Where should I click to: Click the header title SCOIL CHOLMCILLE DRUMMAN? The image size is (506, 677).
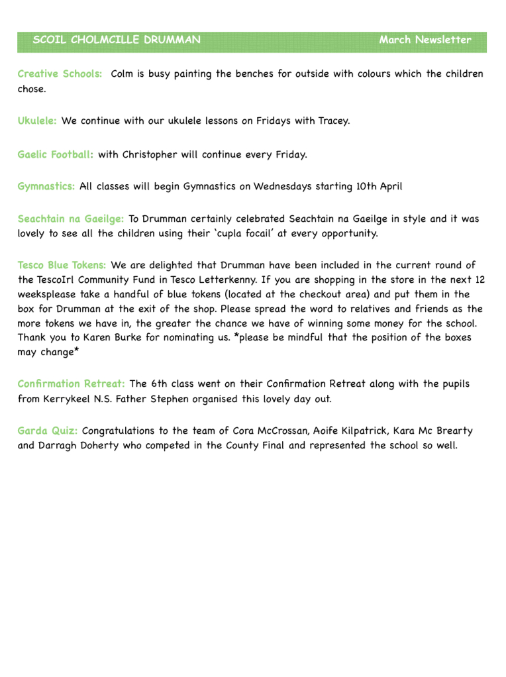tap(117, 40)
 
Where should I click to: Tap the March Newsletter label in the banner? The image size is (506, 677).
tap(425, 40)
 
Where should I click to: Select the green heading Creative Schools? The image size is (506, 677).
tap(60, 74)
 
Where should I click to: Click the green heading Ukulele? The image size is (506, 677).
tap(37, 121)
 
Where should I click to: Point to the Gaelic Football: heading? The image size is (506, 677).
tap(55, 155)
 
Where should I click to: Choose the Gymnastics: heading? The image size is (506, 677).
tap(46, 187)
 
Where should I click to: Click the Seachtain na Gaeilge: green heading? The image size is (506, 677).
tap(71, 219)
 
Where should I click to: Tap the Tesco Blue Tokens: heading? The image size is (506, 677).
tap(62, 266)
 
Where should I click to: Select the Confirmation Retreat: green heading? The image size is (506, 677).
tap(72, 384)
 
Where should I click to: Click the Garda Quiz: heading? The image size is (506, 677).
tap(48, 431)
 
